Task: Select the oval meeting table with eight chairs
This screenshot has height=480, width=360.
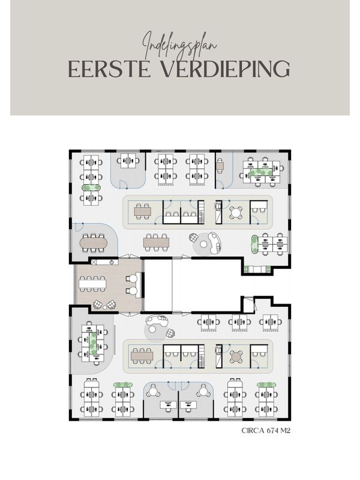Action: (x=94, y=242)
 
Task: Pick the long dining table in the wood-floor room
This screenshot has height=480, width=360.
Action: (x=92, y=283)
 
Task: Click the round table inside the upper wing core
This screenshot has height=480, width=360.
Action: (x=236, y=212)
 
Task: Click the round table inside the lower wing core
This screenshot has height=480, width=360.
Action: (x=236, y=357)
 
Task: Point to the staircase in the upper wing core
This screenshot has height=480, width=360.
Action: (x=201, y=212)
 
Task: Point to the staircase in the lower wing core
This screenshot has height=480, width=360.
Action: (x=201, y=357)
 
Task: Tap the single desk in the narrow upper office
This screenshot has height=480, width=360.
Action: (x=220, y=165)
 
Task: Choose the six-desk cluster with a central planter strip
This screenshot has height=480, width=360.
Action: (x=261, y=171)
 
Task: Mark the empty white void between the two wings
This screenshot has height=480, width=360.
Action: (x=192, y=285)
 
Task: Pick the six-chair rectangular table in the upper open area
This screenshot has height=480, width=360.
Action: (x=156, y=242)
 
